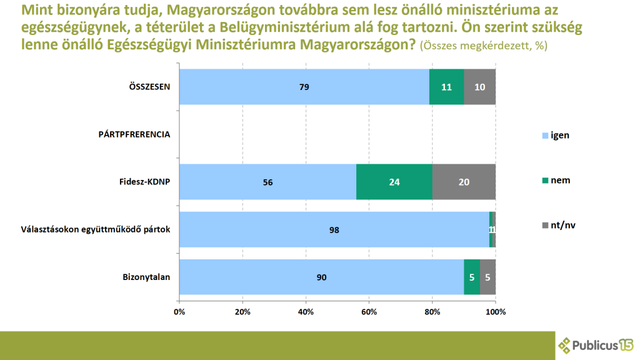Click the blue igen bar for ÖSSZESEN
(x=304, y=87)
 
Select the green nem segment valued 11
(x=446, y=87)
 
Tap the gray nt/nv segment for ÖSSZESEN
(x=480, y=87)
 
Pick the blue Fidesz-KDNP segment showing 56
(x=267, y=182)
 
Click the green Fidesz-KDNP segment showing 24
(x=394, y=182)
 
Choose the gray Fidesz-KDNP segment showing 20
(x=464, y=182)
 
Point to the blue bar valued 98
(x=334, y=229)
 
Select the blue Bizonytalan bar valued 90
(x=321, y=277)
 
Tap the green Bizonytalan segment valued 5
(x=472, y=277)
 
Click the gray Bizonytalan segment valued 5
(x=488, y=277)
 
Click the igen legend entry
(x=556, y=135)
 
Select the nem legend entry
(x=556, y=180)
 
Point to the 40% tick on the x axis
(x=306, y=311)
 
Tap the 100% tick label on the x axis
(x=495, y=311)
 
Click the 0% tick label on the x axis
(x=179, y=311)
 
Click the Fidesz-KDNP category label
(x=146, y=182)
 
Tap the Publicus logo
(x=596, y=344)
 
